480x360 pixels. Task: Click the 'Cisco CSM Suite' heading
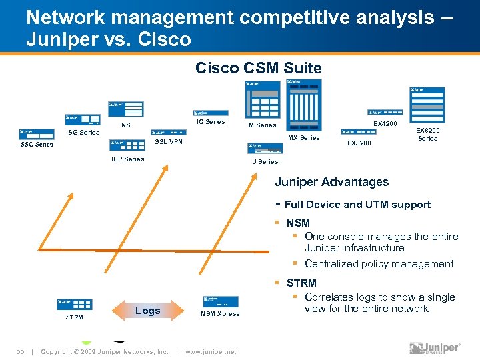coord(258,67)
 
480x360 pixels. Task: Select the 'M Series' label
coord(262,125)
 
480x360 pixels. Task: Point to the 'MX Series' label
coord(303,138)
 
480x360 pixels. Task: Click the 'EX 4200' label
coord(385,123)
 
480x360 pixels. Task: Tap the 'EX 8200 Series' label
coord(427,135)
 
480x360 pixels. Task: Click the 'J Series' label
coord(265,161)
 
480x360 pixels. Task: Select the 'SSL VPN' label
coord(168,141)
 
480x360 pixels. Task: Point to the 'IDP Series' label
coord(127,159)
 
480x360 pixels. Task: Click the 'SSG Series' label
coord(37,144)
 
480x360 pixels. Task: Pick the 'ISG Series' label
coord(82,132)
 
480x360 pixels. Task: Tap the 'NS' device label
coord(125,125)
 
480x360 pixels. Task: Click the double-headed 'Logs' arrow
coord(147,311)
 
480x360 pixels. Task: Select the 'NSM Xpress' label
coord(220,314)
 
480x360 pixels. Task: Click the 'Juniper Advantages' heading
coord(332,182)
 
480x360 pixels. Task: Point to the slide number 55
coord(21,351)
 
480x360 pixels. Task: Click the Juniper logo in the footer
coord(435,348)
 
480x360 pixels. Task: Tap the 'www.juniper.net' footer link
coord(211,351)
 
